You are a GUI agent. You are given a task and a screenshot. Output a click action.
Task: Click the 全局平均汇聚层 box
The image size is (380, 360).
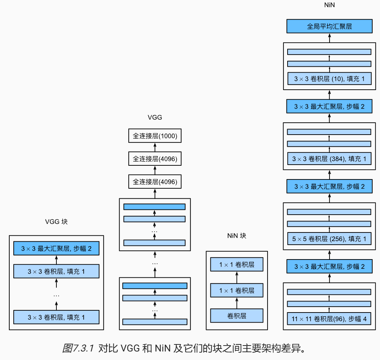click(330, 26)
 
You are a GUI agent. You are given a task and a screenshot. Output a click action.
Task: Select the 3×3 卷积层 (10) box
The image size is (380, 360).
click(330, 79)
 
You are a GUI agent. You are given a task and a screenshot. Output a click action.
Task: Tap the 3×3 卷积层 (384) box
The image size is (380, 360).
click(330, 159)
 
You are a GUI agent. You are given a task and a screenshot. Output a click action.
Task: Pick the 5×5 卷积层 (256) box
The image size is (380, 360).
click(330, 239)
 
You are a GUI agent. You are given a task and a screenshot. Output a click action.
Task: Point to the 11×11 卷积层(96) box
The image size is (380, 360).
click(330, 318)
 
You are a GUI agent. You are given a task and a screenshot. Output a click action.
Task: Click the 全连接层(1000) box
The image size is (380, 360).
click(155, 136)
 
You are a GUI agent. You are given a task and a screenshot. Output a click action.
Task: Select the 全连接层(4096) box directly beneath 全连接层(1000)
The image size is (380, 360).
click(155, 159)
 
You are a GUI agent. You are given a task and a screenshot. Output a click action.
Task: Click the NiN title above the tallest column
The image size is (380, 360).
click(330, 5)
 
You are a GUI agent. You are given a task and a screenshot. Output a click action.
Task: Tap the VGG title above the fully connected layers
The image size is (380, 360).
click(155, 118)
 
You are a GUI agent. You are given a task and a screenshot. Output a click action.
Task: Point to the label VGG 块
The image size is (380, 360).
click(56, 221)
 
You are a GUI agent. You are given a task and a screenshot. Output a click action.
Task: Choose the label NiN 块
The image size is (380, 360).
click(236, 235)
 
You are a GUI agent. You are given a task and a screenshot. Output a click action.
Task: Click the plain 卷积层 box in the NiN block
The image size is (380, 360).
click(236, 316)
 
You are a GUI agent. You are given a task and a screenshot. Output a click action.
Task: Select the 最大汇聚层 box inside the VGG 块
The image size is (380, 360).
click(56, 248)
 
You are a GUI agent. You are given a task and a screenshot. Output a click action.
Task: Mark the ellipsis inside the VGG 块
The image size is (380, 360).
click(56, 295)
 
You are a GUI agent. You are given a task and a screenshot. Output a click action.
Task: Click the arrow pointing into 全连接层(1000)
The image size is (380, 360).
click(155, 147)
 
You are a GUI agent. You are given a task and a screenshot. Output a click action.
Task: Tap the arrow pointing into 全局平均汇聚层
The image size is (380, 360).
click(330, 38)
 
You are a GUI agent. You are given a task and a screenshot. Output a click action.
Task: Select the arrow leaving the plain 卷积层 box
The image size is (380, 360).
click(237, 303)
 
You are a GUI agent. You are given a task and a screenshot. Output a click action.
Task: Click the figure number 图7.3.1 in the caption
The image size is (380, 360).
click(78, 349)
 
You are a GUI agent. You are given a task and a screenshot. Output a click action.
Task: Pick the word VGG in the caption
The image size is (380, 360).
click(130, 349)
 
